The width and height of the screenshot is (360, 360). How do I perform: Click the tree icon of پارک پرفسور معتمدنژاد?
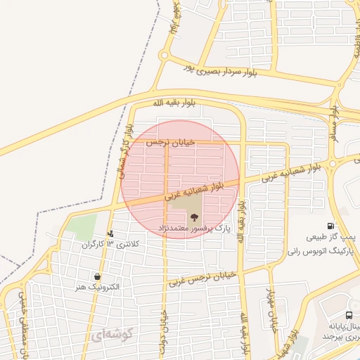point(195,217)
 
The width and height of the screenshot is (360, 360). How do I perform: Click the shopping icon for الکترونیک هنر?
point(97,277)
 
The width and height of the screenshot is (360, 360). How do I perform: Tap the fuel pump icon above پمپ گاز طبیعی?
point(330,226)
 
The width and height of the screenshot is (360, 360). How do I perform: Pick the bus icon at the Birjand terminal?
point(349,316)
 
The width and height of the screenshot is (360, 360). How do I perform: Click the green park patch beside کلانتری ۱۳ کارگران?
point(82,226)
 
